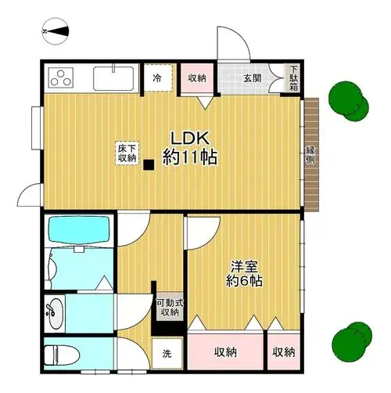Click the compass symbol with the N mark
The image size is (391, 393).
pyautogui.click(x=56, y=31)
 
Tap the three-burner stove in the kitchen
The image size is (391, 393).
pyautogui.click(x=60, y=78)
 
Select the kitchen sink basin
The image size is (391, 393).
pyautogui.click(x=113, y=79)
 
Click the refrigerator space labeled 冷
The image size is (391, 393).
pyautogui.click(x=158, y=78)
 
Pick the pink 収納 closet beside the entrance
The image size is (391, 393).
pyautogui.click(x=197, y=78)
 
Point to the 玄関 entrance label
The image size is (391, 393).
pyautogui.click(x=253, y=78)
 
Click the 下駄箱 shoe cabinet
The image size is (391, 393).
pyautogui.click(x=294, y=78)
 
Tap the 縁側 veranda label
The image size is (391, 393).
pyautogui.click(x=310, y=155)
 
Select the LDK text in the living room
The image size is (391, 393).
pyautogui.click(x=190, y=139)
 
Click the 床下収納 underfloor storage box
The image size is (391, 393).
pyautogui.click(x=127, y=153)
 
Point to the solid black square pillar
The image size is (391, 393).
pyautogui.click(x=149, y=165)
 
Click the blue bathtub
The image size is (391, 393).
pyautogui.click(x=79, y=229)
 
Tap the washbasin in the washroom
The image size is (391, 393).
pyautogui.click(x=54, y=314)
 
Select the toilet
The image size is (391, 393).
pyautogui.click(x=62, y=355)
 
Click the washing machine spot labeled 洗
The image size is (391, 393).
pyautogui.click(x=167, y=354)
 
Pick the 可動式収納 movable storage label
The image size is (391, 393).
pyautogui.click(x=170, y=308)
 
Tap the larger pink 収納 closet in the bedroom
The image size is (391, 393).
pyautogui.click(x=225, y=352)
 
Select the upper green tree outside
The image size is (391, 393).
pyautogui.click(x=349, y=101)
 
